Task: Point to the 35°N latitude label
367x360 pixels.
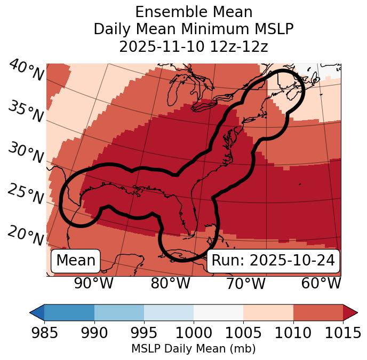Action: (x=26, y=112)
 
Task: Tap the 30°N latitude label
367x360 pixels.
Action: (x=26, y=153)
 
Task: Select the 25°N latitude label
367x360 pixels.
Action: (x=26, y=194)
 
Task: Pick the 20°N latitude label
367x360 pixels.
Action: (x=26, y=236)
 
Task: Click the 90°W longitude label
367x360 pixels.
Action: (x=94, y=283)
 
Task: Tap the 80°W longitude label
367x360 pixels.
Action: (x=170, y=283)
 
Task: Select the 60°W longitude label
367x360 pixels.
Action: (x=321, y=283)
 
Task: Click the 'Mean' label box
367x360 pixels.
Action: (x=76, y=261)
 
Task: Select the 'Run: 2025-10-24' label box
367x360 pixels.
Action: (x=273, y=261)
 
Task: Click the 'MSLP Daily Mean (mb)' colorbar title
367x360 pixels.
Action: (x=193, y=349)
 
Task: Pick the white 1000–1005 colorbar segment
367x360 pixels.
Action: (x=218, y=312)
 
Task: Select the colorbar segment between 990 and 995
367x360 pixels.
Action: (x=119, y=312)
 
